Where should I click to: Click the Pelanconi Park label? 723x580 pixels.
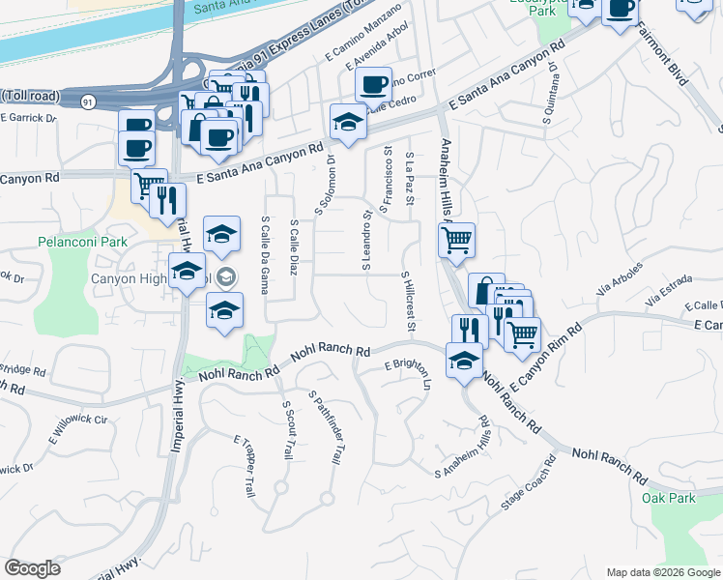point(74,241)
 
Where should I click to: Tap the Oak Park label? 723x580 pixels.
point(668,498)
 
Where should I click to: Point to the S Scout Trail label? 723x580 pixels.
point(287,429)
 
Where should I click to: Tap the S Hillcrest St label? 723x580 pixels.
point(408,304)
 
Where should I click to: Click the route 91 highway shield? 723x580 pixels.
point(88,99)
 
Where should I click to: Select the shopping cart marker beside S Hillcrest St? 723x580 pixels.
point(456,238)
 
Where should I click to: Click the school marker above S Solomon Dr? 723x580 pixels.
point(347,121)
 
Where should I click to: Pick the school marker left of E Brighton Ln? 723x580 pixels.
point(464,360)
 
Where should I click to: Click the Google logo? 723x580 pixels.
point(32,568)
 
